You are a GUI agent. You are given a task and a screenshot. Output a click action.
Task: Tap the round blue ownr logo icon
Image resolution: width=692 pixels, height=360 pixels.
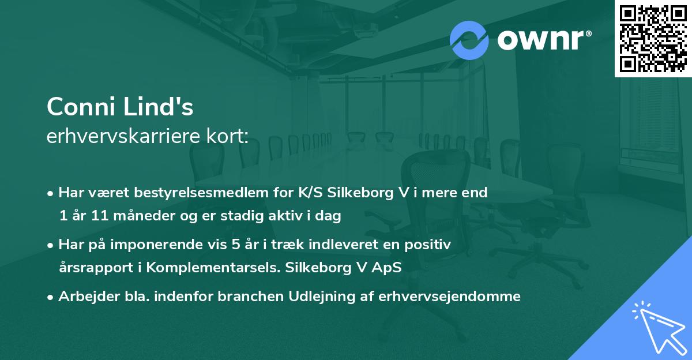[469, 40]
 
